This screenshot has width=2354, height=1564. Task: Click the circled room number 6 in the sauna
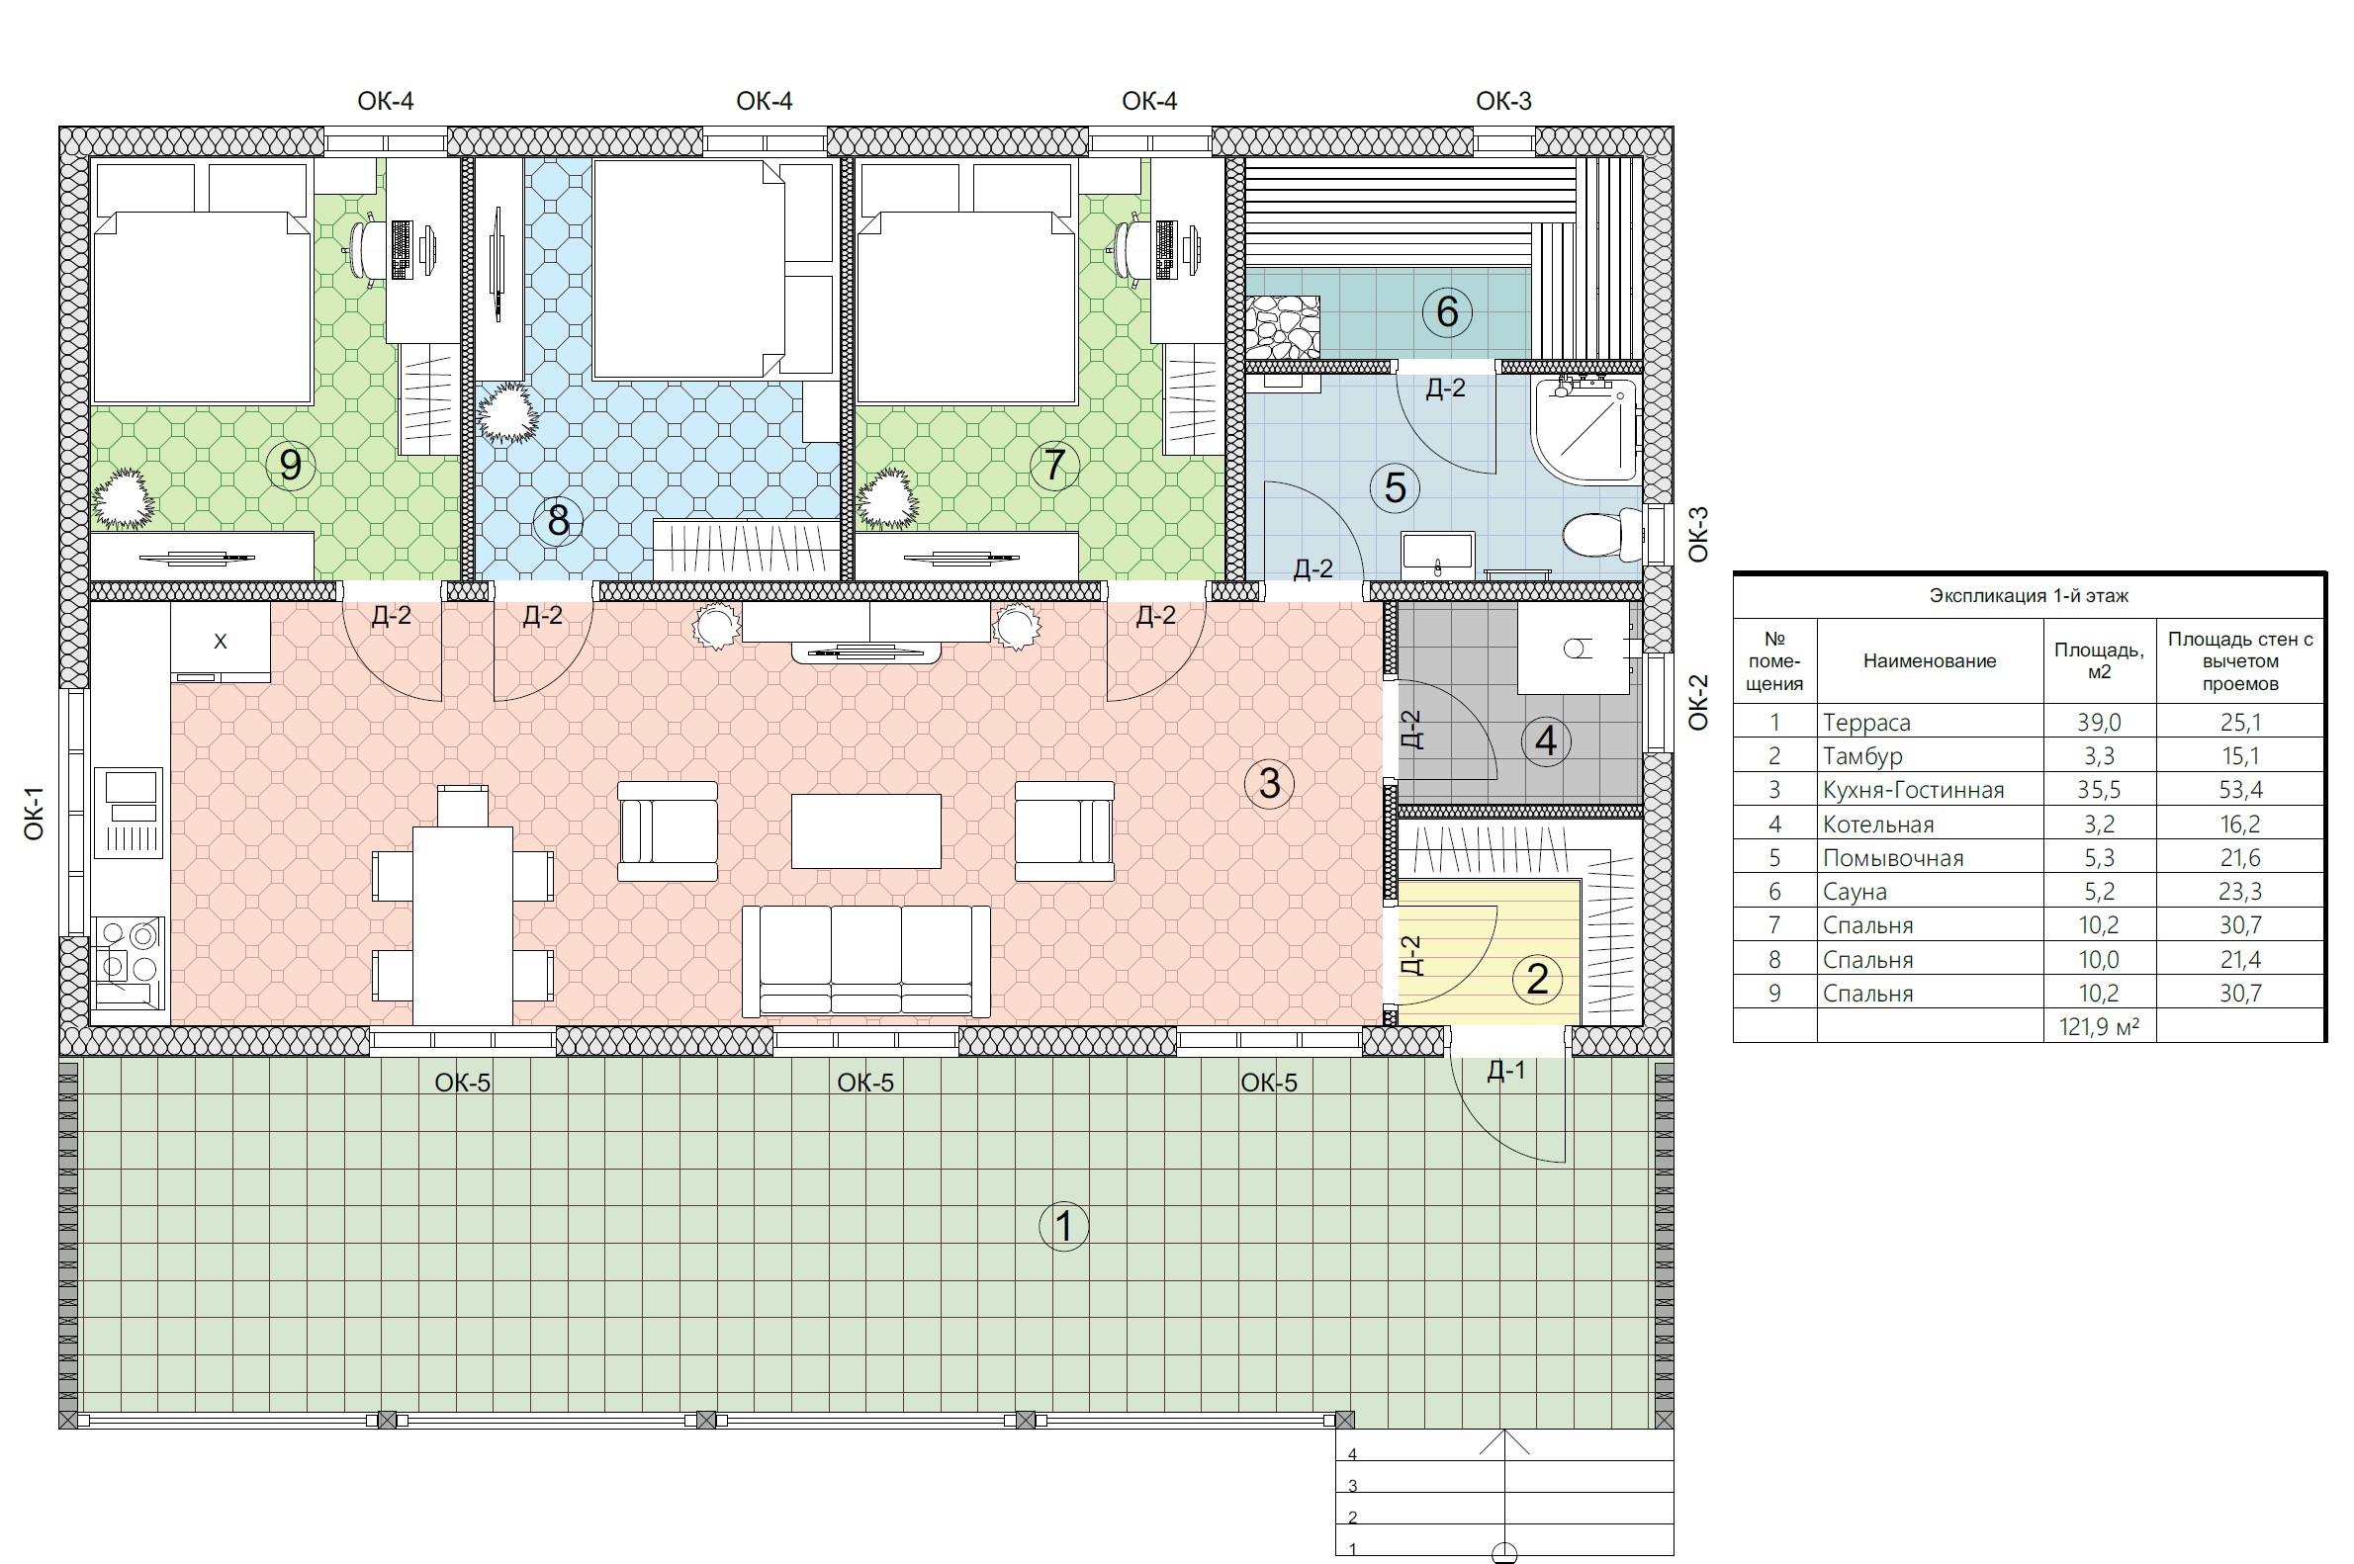tap(1447, 311)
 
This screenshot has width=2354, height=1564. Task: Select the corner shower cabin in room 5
tap(1585, 431)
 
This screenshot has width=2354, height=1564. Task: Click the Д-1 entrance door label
tap(1505, 1071)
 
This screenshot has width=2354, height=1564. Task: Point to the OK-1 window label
tap(34, 813)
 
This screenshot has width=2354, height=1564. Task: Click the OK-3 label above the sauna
tap(1502, 101)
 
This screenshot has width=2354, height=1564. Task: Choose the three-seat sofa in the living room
tap(866, 962)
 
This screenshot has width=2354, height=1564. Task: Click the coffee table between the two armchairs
tap(866, 830)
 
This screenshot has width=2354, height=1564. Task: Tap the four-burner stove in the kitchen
tap(129, 965)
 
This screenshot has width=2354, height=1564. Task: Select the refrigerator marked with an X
tap(221, 642)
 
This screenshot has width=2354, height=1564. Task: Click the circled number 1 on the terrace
tap(1063, 1225)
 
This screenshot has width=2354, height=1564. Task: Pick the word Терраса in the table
tap(1866, 722)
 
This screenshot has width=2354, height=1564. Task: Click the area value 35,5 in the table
tap(2099, 790)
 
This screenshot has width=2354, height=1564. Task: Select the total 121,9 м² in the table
tap(2099, 1026)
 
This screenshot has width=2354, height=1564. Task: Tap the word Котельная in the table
tap(1878, 824)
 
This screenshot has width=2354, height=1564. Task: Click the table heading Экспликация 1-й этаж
tap(2029, 595)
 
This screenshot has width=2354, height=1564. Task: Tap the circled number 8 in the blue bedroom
tap(558, 520)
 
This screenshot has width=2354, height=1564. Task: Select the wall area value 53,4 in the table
tap(2240, 790)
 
